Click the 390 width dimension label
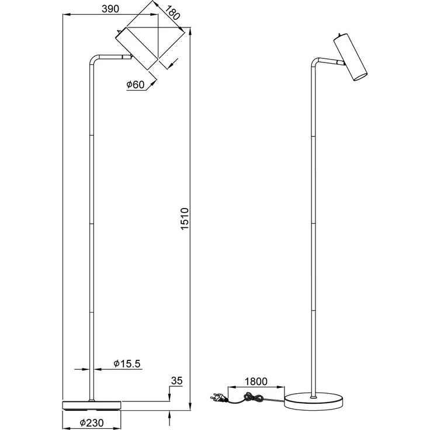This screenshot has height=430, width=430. (x=110, y=9)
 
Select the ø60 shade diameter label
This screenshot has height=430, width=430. (x=135, y=85)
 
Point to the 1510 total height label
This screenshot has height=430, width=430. (x=185, y=219)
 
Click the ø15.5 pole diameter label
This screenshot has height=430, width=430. (x=127, y=363)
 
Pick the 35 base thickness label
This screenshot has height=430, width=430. (x=176, y=381)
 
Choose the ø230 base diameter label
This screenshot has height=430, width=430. (x=92, y=422)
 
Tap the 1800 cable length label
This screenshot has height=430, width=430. (x=256, y=382)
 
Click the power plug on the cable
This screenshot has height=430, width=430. (x=218, y=398)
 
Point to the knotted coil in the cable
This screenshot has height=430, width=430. (x=254, y=397)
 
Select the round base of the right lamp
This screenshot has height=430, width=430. (x=314, y=402)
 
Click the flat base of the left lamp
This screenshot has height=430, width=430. (x=92, y=405)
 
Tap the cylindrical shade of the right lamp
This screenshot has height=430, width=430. (x=350, y=57)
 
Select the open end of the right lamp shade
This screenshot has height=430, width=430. (x=360, y=77)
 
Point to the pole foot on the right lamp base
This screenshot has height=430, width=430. (x=313, y=397)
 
